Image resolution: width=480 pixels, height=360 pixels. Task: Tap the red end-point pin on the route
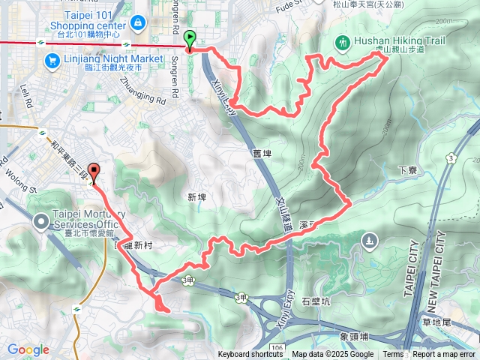pyautogui.click(x=93, y=172)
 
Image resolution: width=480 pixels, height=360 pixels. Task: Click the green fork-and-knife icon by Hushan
pyautogui.click(x=343, y=42)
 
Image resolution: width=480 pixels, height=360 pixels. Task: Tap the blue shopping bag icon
pyautogui.click(x=138, y=24)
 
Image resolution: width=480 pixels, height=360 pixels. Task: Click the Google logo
pyautogui.click(x=28, y=349)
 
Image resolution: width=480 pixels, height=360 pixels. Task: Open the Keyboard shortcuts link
pyautogui.click(x=251, y=355)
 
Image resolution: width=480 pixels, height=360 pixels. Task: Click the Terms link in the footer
pyautogui.click(x=393, y=355)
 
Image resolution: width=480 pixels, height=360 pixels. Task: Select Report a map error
pyautogui.click(x=444, y=355)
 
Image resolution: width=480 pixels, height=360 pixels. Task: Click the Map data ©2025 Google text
pyautogui.click(x=333, y=355)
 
